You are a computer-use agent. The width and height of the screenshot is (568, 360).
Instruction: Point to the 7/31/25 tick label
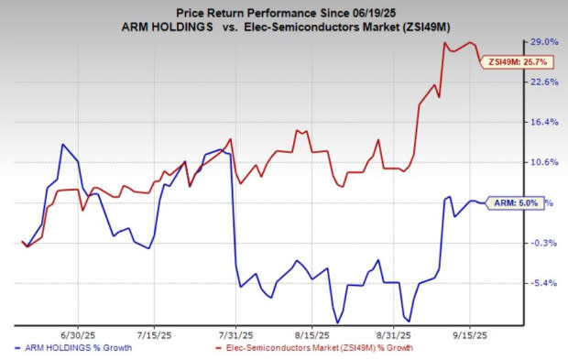(x=236, y=335)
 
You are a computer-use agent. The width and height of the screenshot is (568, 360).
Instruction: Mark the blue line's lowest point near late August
(x=337, y=322)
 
